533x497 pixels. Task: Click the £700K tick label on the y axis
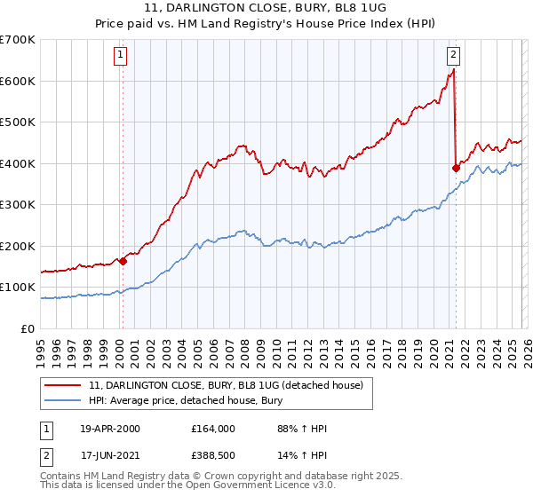(x=18, y=40)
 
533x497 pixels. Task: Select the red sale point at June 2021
(x=456, y=168)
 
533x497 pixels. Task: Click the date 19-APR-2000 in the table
(x=110, y=429)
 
